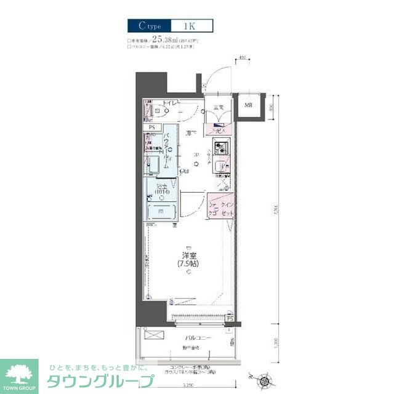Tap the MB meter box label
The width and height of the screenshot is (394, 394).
249,105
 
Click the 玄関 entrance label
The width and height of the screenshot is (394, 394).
218,108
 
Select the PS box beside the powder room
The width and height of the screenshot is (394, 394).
151,127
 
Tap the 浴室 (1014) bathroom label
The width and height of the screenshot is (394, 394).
162,189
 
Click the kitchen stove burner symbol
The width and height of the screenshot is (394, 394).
220,148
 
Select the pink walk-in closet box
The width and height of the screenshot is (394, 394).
220,209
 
